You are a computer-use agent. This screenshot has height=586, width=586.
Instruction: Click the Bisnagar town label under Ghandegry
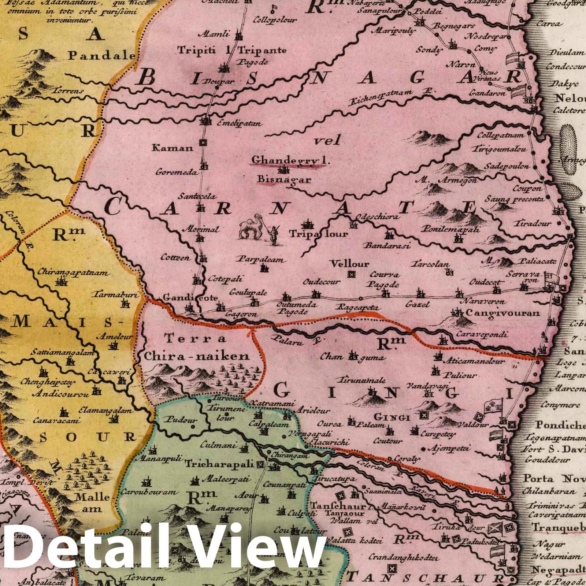[284, 179]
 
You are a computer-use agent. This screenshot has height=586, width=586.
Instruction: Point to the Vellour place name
[349, 264]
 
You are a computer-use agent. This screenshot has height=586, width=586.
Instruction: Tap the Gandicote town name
[190, 297]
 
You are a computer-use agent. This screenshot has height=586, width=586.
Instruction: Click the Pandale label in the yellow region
[102, 56]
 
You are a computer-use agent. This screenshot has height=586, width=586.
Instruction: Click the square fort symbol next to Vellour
[352, 273]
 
